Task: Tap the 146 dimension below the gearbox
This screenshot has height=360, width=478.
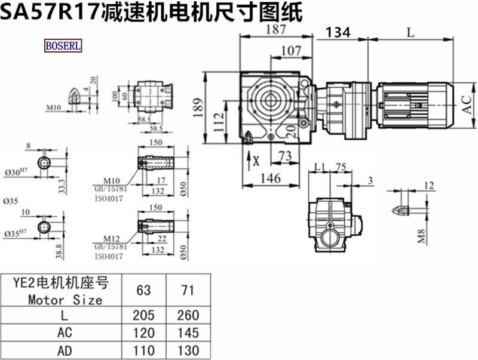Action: click(x=270, y=177)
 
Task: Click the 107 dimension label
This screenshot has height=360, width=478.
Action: click(x=290, y=51)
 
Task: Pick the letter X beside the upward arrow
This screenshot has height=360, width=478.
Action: click(x=257, y=161)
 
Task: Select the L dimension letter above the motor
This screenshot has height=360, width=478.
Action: click(x=410, y=33)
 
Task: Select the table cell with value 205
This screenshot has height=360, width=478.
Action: click(x=143, y=315)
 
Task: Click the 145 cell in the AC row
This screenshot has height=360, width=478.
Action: click(x=188, y=333)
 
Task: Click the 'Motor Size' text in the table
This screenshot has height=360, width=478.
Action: click(x=65, y=299)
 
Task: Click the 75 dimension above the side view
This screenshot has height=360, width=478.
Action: click(x=342, y=167)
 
